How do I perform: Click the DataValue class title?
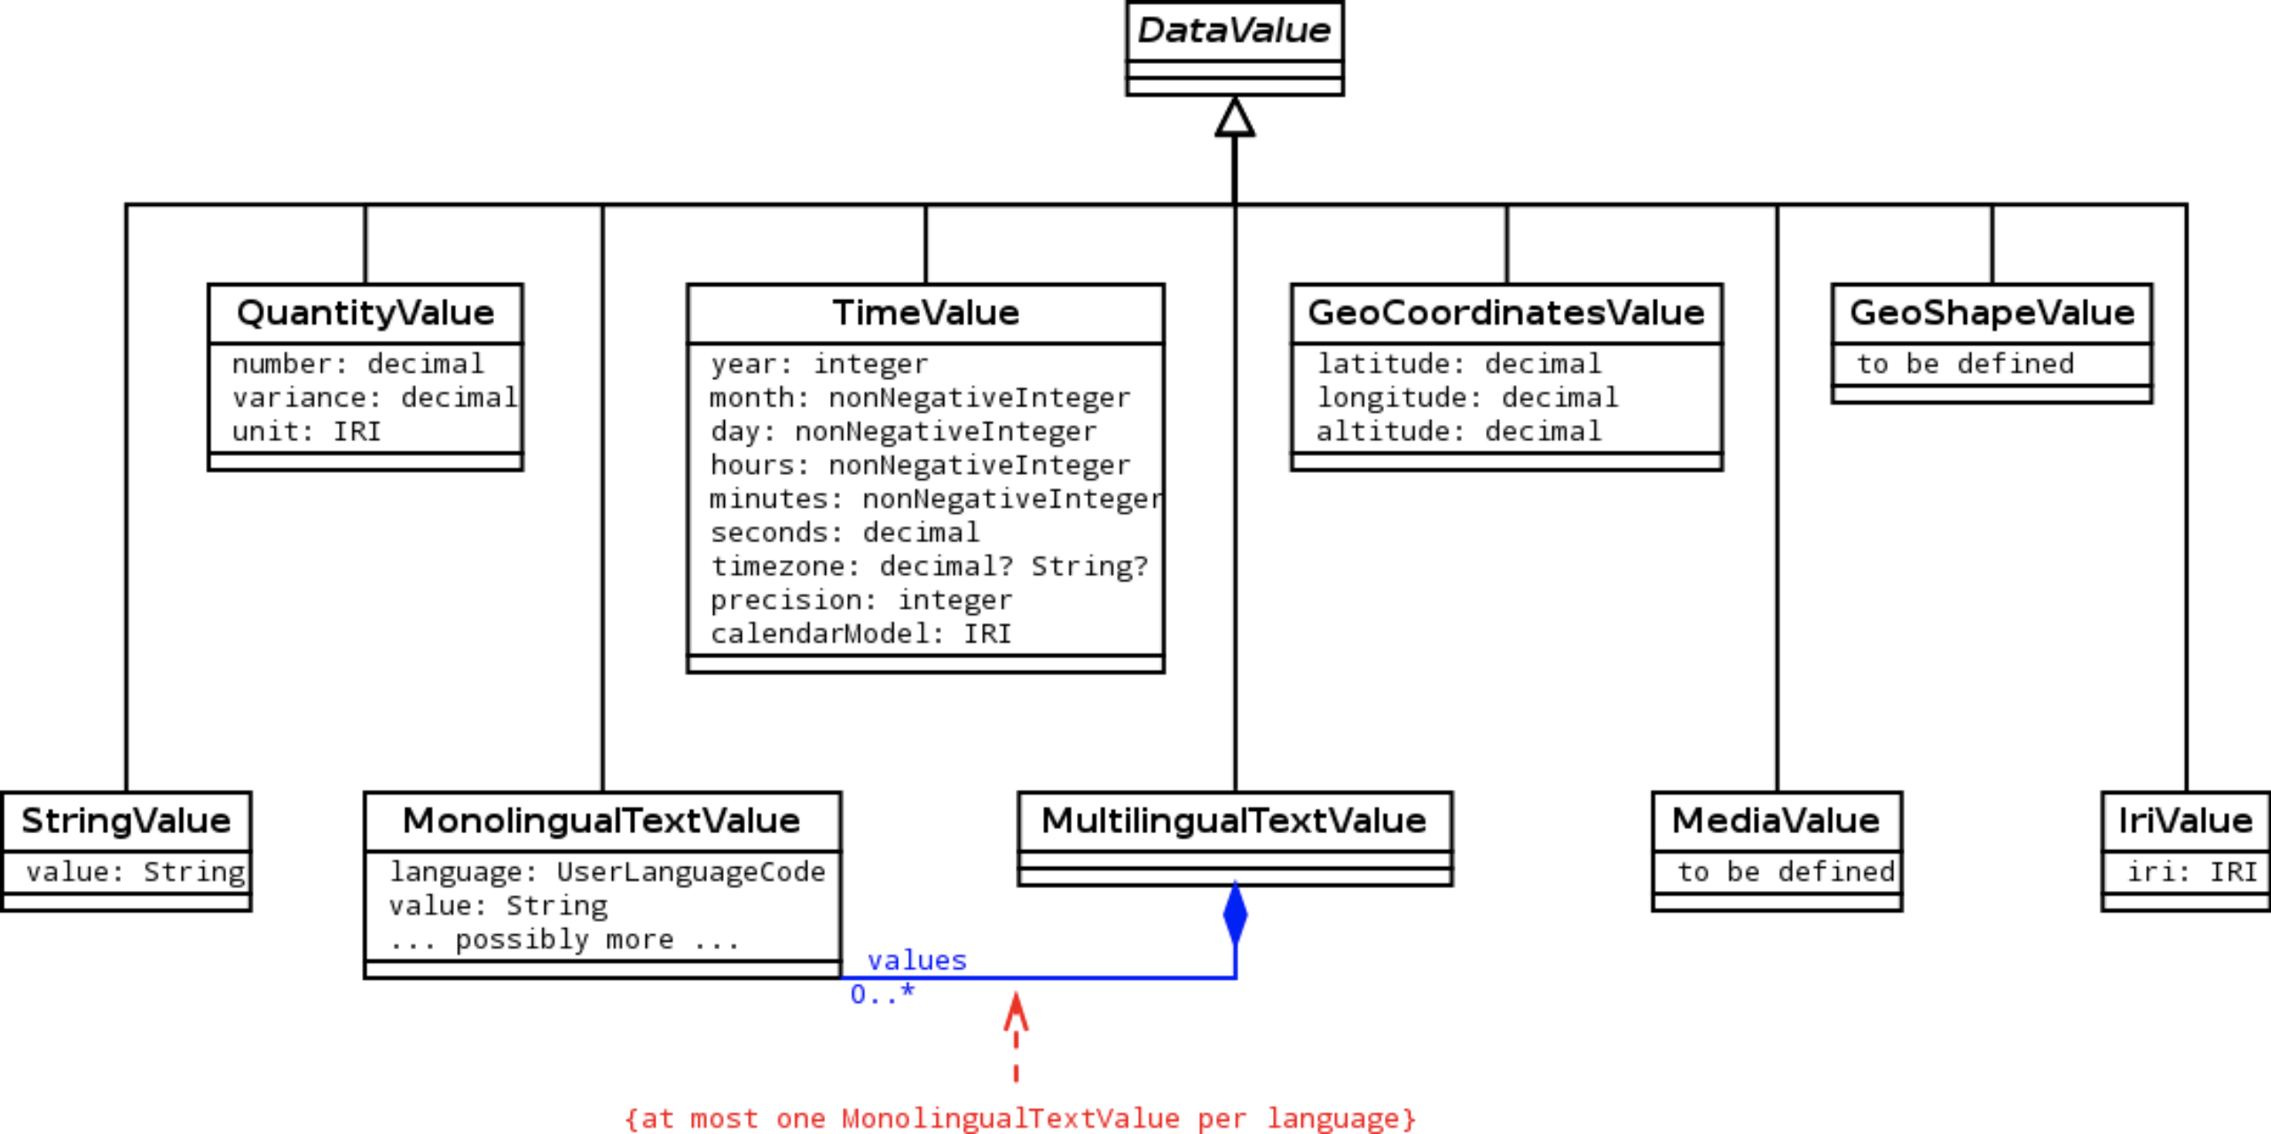pyautogui.click(x=1234, y=31)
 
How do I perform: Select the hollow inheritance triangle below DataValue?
pyautogui.click(x=1235, y=118)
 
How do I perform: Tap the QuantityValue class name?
pyautogui.click(x=365, y=313)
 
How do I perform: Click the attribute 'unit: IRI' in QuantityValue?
pyautogui.click(x=306, y=432)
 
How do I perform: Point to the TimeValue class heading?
pyautogui.click(x=925, y=313)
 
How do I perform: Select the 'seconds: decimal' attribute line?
pyautogui.click(x=845, y=532)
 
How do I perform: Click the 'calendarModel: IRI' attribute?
pyautogui.click(x=860, y=634)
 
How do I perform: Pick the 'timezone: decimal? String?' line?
pyautogui.click(x=929, y=566)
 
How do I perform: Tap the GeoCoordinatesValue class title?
pyautogui.click(x=1505, y=313)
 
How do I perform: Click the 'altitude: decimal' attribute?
pyautogui.click(x=1458, y=432)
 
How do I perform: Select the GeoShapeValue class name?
pyautogui.click(x=1992, y=313)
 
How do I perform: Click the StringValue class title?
pyautogui.click(x=126, y=821)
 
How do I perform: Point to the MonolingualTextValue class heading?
pyautogui.click(x=601, y=821)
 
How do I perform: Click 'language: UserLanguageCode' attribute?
pyautogui.click(x=607, y=872)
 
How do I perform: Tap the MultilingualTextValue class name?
pyautogui.click(x=1234, y=821)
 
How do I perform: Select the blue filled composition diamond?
pyautogui.click(x=1235, y=914)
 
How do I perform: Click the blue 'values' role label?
pyautogui.click(x=916, y=960)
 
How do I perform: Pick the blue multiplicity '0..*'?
pyautogui.click(x=882, y=995)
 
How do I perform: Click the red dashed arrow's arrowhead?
pyautogui.click(x=1016, y=1012)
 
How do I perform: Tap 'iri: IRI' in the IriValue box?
pyautogui.click(x=2192, y=872)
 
